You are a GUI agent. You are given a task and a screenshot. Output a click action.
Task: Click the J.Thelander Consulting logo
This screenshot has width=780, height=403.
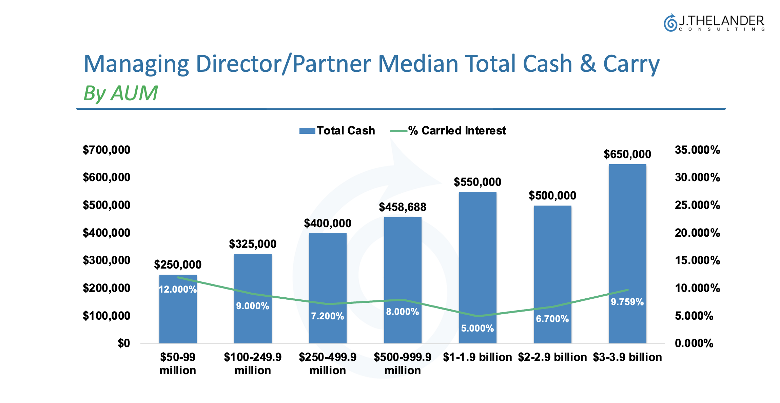pos(714,23)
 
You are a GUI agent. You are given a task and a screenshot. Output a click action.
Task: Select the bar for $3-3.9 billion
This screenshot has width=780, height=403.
pos(627,237)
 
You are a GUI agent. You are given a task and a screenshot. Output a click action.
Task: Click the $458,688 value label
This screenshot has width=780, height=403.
pos(403,207)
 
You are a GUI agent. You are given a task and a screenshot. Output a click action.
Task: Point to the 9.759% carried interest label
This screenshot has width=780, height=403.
pos(627,302)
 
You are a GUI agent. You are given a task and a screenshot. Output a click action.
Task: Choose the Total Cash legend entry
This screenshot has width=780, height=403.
pos(337,131)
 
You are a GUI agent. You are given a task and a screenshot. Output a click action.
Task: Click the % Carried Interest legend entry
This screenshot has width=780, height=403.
pos(448,131)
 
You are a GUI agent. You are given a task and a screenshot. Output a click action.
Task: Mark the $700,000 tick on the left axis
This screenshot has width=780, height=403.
pos(106,150)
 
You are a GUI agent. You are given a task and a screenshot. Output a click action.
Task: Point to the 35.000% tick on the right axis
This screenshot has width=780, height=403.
pos(697,150)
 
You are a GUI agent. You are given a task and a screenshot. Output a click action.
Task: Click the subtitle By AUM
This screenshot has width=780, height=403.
pos(120,93)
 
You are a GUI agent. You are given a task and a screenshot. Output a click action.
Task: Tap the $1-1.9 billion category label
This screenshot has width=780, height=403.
pos(477,357)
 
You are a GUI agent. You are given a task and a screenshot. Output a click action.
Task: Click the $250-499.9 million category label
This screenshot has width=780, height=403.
pos(328,364)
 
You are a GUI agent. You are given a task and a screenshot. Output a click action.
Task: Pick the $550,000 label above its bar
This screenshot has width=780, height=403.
pos(477,182)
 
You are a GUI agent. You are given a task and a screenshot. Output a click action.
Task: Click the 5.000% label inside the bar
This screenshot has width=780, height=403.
pos(477,328)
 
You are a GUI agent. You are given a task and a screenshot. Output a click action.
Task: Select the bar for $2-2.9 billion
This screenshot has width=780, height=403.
pos(552,264)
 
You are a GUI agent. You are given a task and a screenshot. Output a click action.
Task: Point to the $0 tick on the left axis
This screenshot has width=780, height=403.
pos(124,343)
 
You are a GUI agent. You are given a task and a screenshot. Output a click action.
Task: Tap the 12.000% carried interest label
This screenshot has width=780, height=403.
pos(178,289)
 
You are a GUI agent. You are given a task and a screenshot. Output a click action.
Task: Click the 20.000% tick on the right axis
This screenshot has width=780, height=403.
pos(697,233)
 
